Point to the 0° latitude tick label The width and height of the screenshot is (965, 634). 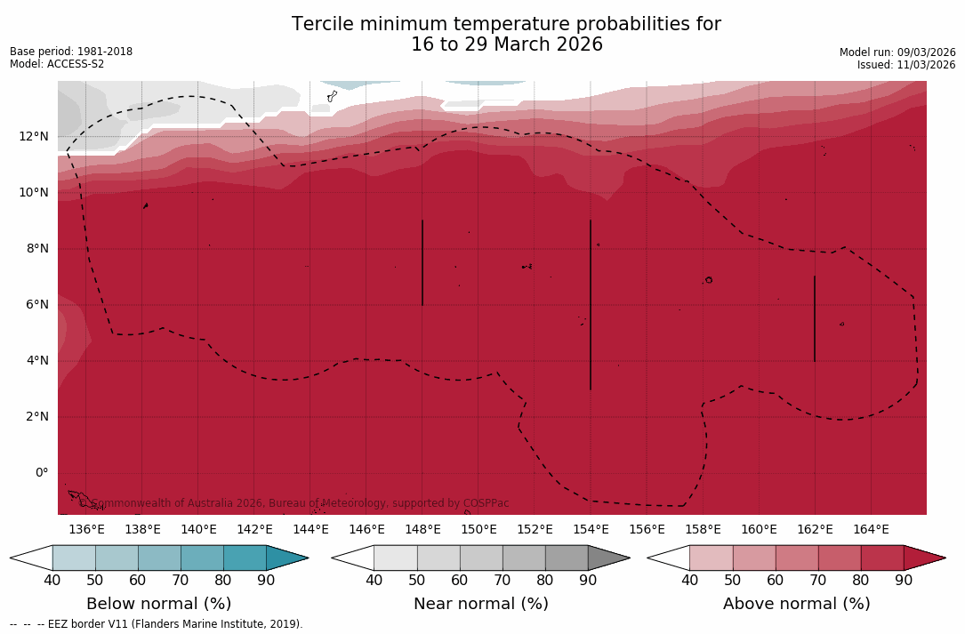(41, 472)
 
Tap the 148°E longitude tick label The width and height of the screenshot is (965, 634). (422, 529)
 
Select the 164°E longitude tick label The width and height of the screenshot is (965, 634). (871, 529)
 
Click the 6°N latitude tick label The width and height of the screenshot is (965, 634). (36, 304)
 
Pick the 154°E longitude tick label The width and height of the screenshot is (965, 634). (591, 529)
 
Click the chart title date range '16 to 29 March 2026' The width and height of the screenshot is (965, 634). (506, 44)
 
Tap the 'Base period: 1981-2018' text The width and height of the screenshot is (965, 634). (71, 52)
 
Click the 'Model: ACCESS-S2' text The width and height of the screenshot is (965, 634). (57, 64)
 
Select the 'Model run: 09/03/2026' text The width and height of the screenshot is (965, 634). (897, 52)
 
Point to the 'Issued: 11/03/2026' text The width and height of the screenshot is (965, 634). (905, 65)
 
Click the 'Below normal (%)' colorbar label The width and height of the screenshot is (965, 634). (158, 604)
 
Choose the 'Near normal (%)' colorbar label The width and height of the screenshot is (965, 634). (480, 604)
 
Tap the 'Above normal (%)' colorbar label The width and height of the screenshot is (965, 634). (796, 604)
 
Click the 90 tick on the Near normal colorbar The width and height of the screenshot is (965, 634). (588, 581)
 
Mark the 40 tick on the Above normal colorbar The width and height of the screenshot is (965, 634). (689, 581)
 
